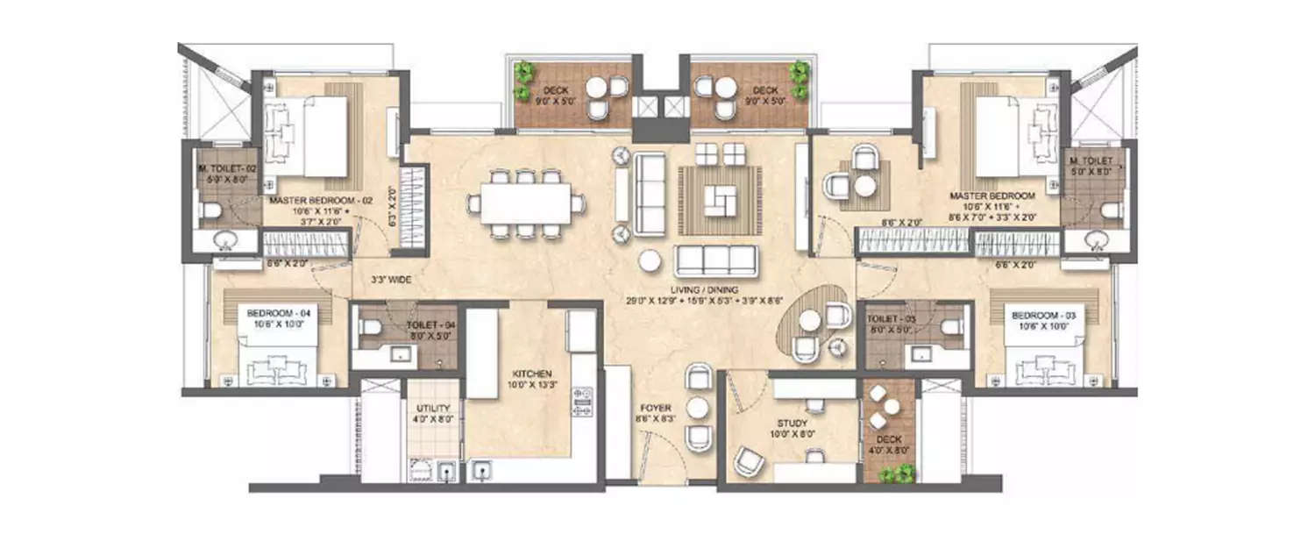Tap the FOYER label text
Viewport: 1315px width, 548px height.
[x=656, y=409]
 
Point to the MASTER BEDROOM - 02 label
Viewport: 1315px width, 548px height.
[x=321, y=201]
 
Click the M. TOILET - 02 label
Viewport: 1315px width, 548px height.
[x=214, y=168]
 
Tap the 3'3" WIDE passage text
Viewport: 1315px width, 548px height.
[x=388, y=281]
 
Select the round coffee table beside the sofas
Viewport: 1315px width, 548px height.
[x=650, y=260]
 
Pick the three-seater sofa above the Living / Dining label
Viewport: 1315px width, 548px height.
[x=716, y=260]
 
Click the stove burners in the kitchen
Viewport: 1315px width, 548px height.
[x=580, y=402]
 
